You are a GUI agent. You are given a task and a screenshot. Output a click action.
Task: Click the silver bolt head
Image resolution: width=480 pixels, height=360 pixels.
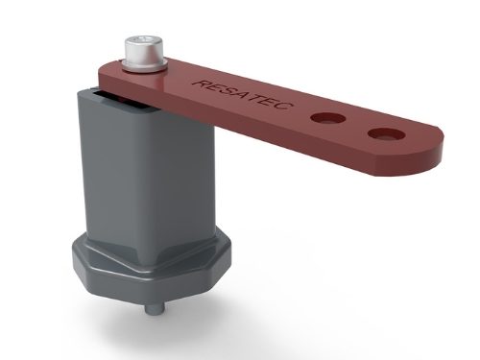tap(144, 50)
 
